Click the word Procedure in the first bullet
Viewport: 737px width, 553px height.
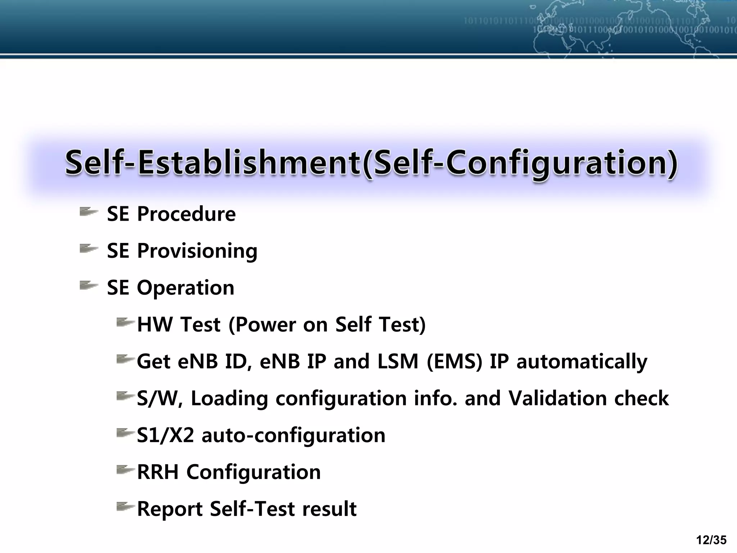point(186,214)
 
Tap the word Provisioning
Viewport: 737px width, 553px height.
point(197,251)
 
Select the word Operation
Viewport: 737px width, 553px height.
point(185,288)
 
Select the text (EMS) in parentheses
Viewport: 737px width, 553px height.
point(454,361)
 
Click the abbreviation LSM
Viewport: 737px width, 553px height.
point(398,361)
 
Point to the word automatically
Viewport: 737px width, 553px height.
point(582,362)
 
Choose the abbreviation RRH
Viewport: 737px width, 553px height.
point(158,472)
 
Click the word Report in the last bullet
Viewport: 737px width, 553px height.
point(169,509)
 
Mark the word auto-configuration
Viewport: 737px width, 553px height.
point(293,435)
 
